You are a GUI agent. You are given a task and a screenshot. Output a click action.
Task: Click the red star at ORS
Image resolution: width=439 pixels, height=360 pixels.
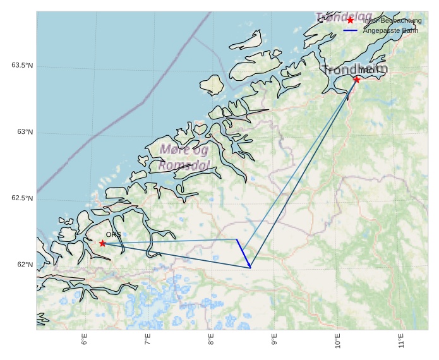(102, 243)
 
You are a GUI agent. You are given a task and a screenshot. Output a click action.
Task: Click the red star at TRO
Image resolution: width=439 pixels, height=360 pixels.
(357, 80)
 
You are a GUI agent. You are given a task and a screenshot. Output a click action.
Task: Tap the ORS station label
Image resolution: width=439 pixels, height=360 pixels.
(113, 234)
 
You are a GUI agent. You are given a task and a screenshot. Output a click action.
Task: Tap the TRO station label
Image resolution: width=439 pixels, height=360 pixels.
(366, 71)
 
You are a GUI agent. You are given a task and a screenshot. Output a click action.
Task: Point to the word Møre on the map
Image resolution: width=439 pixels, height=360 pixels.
(175, 150)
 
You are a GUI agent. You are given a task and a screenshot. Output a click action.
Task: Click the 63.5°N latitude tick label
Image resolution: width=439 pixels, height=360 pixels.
(21, 66)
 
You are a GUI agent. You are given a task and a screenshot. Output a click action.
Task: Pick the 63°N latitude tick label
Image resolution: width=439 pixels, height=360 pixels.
(25, 132)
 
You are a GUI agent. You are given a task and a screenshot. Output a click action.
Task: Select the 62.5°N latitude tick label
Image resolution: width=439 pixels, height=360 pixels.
(21, 198)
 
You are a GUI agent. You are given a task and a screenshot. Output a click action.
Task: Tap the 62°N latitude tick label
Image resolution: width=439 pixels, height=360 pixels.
(25, 265)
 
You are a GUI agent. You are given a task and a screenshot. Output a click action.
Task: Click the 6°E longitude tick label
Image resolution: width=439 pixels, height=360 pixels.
(84, 340)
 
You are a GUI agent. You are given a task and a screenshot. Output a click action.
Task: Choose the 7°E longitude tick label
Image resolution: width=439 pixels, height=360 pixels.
(147, 340)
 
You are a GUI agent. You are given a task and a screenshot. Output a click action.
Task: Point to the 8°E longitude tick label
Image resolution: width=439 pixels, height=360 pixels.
(211, 340)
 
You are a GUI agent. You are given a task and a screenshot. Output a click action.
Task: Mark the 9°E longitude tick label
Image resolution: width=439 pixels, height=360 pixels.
(274, 340)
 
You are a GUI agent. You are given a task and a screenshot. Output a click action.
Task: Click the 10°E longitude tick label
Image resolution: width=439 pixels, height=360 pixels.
(337, 342)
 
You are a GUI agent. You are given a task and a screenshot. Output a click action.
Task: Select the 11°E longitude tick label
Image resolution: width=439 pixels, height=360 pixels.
(401, 342)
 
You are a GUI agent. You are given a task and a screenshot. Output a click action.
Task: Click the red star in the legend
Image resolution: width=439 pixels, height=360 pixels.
(351, 21)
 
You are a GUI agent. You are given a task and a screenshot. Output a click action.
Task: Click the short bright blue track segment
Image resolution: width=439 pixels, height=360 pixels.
(244, 253)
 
